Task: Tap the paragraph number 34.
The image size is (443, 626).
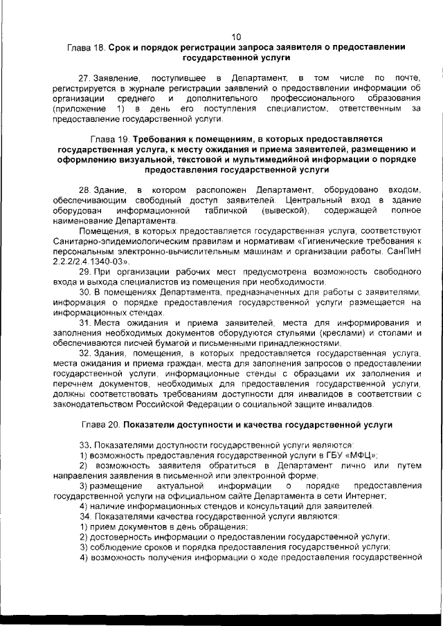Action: (85, 517)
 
